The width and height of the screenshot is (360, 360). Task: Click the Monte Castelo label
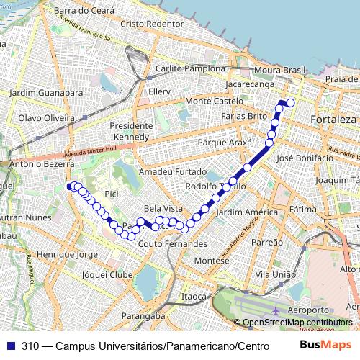tap(214, 102)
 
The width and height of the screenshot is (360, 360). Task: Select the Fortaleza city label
tap(333, 118)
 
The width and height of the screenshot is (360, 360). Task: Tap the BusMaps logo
tap(326, 346)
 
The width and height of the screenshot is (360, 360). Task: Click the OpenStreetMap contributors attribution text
tap(297, 323)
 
